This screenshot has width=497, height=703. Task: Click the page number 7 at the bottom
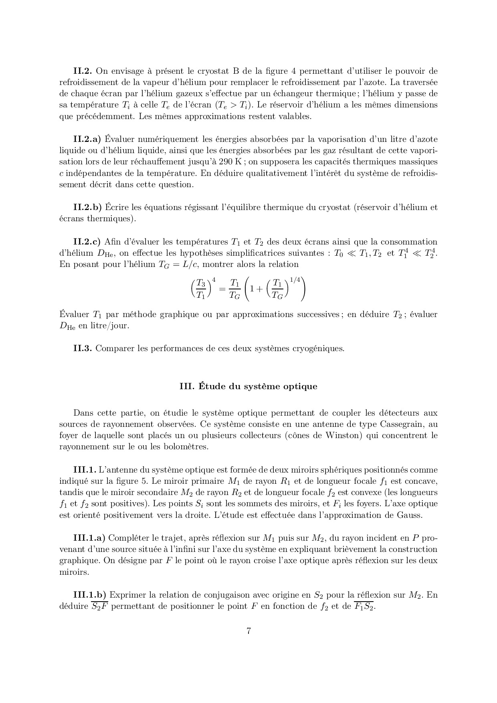pos(248,631)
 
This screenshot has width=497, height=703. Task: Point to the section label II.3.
pos(83,348)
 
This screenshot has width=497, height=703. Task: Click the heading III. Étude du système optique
pos(248,386)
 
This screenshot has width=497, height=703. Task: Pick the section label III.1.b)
pos(89,595)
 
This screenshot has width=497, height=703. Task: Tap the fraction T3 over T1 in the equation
pos(201,289)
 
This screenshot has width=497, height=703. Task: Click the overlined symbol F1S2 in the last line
pos(364,606)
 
